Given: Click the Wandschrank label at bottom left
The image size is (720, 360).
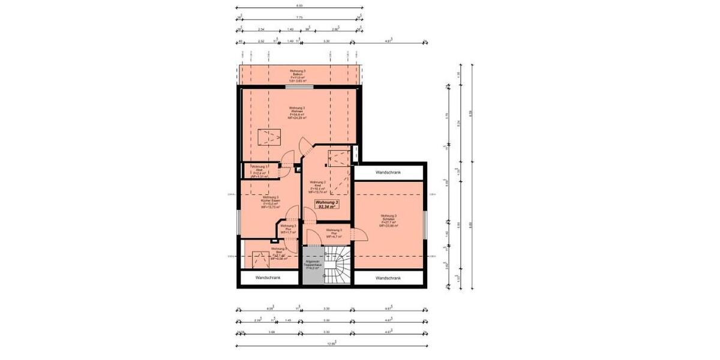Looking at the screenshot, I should [x=268, y=278].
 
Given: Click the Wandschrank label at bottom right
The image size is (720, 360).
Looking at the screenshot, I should [x=388, y=278].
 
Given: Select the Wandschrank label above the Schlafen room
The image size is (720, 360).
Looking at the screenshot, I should [x=388, y=173].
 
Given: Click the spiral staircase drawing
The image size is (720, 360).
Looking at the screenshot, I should [x=338, y=266].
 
